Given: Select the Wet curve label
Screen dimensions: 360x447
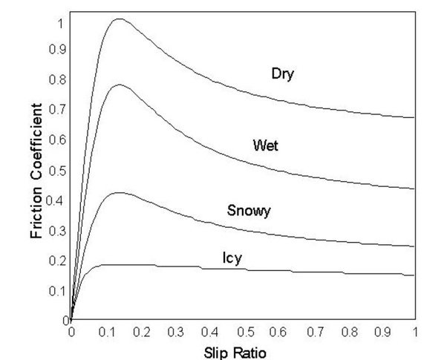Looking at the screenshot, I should [x=266, y=146].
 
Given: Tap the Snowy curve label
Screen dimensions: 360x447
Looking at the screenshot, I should [x=249, y=211].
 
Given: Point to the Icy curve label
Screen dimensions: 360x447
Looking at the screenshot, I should [x=232, y=258].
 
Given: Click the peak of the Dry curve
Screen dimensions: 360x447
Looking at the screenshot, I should [x=118, y=19].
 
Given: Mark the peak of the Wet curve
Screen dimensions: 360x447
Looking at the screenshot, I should [x=118, y=85].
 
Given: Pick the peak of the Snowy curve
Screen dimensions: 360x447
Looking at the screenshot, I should [x=118, y=193].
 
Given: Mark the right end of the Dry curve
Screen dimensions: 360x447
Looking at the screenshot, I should [x=414, y=117].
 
